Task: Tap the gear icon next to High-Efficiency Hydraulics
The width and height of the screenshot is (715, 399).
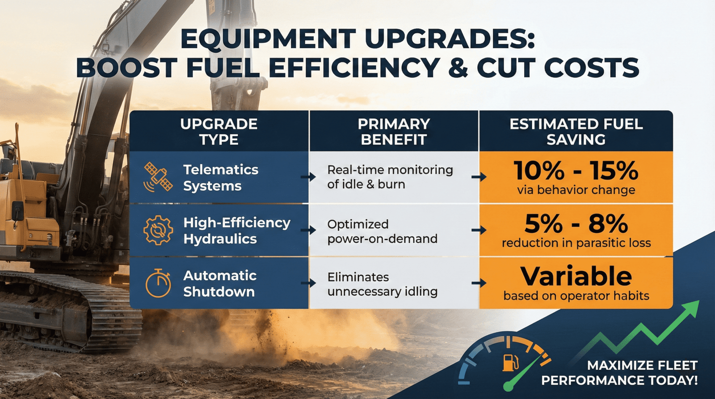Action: click(x=158, y=230)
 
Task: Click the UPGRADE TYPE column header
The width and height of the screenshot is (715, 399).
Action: click(x=219, y=131)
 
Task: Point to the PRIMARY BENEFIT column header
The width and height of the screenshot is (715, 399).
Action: click(x=394, y=131)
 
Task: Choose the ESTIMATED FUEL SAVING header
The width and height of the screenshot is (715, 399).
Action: click(x=576, y=131)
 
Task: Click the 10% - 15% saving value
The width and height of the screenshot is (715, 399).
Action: click(x=576, y=170)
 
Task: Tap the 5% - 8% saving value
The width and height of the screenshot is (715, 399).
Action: click(x=576, y=223)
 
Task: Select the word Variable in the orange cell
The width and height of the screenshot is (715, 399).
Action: click(x=576, y=276)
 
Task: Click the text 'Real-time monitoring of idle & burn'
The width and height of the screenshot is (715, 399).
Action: click(x=390, y=177)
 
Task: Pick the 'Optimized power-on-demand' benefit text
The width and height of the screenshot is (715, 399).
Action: click(x=382, y=231)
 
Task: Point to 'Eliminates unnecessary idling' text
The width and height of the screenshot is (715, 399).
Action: click(x=382, y=284)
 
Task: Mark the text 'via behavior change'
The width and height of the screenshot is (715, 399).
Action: click(x=576, y=190)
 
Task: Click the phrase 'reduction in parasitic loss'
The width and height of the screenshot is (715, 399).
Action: click(x=576, y=243)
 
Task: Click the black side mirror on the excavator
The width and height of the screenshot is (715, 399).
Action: click(x=18, y=210)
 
